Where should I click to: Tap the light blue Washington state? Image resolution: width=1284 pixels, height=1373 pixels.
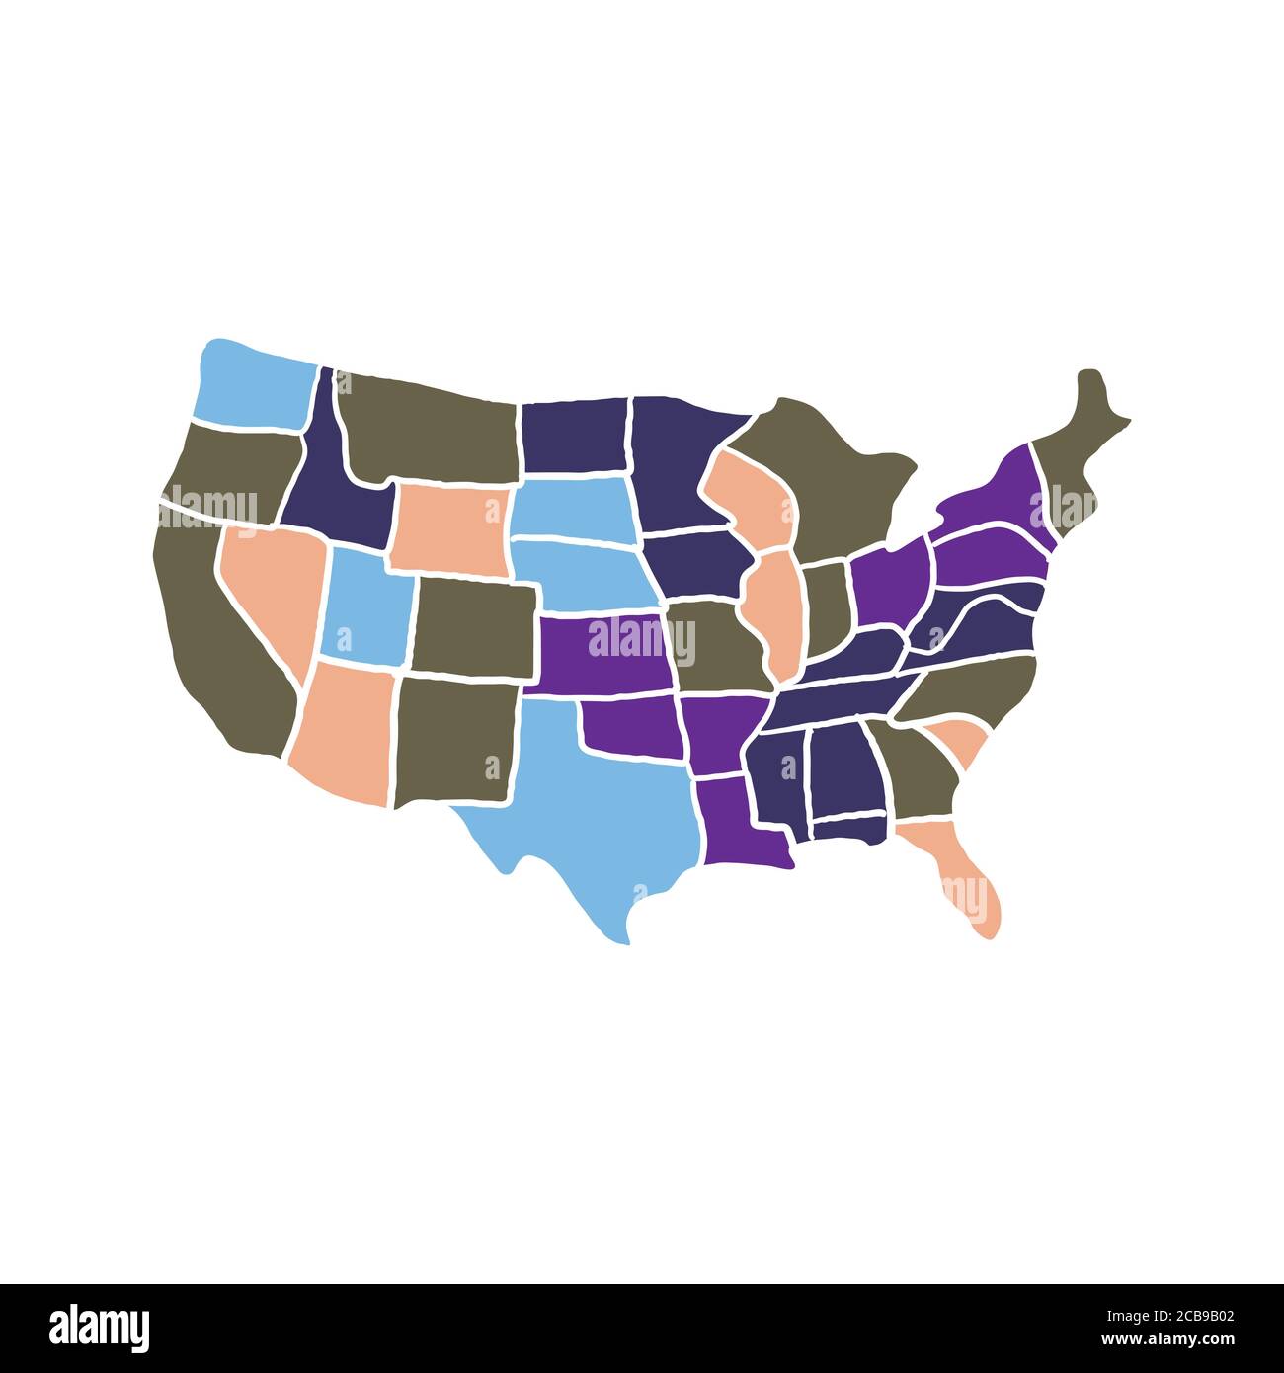coord(252,385)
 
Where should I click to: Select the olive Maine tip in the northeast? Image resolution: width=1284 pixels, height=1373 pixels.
coord(1082,444)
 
